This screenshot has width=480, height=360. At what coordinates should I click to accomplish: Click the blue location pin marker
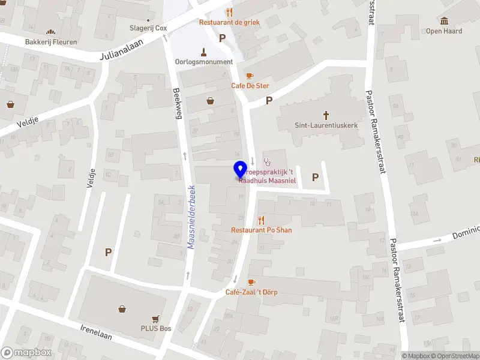(240, 169)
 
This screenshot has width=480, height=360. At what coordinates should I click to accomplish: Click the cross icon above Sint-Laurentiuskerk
(326, 114)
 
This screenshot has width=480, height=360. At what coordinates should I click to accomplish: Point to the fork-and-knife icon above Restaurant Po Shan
(260, 220)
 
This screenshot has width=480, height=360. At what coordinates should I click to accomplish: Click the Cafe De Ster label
(250, 86)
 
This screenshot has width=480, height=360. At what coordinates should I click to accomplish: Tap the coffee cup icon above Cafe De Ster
(250, 75)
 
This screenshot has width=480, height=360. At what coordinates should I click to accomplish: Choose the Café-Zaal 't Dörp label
(251, 292)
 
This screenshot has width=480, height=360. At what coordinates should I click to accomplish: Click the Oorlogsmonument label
(203, 62)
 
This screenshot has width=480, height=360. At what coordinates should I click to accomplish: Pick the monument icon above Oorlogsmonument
(203, 51)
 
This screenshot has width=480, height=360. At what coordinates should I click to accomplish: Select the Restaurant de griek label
(229, 23)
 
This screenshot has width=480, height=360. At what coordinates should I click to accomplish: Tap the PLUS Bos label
(156, 328)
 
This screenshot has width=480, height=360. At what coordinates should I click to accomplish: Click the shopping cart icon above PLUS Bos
(156, 318)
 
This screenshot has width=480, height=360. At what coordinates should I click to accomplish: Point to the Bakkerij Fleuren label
(50, 43)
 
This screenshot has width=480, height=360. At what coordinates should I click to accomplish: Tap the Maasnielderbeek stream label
(193, 215)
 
